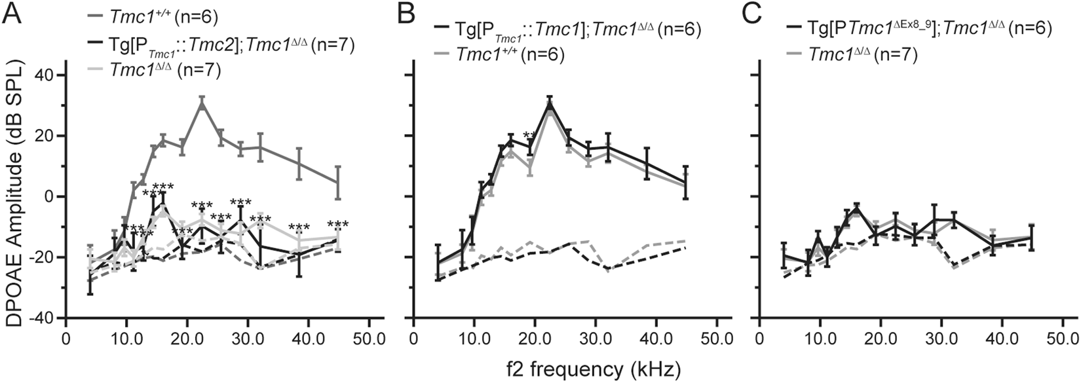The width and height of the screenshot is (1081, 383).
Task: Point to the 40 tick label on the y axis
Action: coord(43,75)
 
